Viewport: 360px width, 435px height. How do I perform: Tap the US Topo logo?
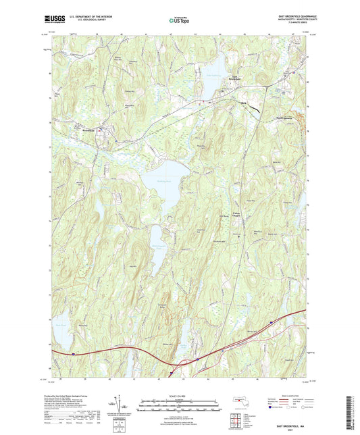pos(179,21)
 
